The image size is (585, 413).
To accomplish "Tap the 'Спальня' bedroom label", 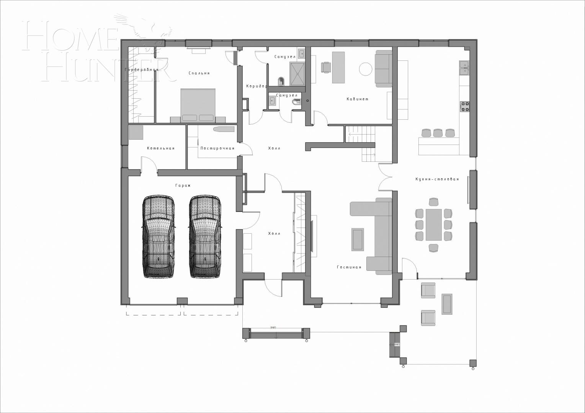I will point(199,73).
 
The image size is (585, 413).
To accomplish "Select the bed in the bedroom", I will point(198,104).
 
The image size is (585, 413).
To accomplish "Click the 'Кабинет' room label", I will point(358,99).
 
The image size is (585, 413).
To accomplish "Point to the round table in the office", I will point(365,69).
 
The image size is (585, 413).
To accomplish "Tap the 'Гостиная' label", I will point(349,267).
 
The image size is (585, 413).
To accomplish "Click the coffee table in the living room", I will point(358,239).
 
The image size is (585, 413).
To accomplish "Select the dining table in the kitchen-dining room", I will point(433,224).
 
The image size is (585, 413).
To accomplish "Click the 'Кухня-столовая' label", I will point(437,179).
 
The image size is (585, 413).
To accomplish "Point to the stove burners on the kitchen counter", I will point(464,106).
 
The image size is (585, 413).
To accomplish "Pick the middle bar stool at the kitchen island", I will point(438,133).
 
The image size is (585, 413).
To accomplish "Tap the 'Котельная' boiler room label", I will point(160,148).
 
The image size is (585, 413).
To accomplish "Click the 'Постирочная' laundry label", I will point(217,148).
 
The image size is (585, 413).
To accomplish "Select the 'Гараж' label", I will point(183,185).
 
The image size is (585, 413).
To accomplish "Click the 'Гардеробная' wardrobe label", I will point(141,70).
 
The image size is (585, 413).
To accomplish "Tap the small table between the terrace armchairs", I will point(446,304).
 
